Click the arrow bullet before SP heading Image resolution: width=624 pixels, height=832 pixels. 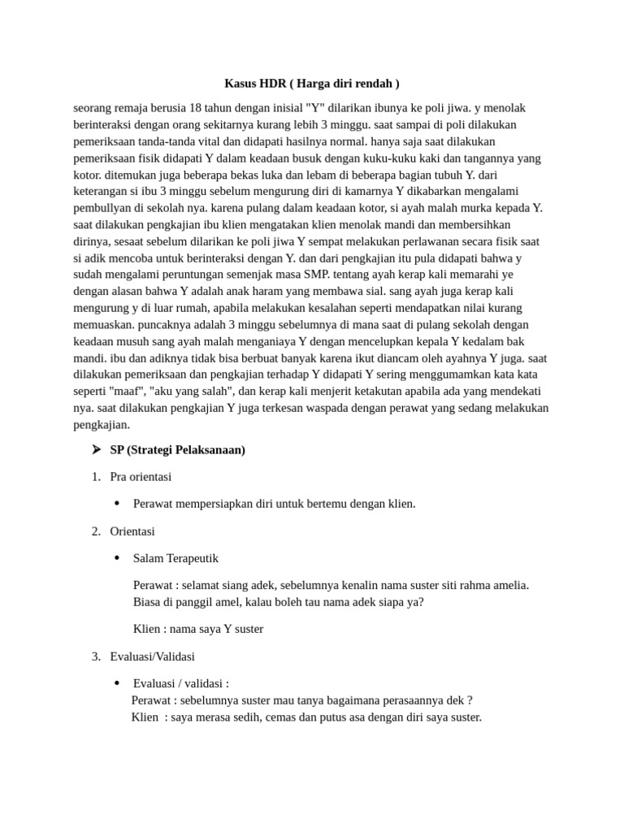(x=97, y=449)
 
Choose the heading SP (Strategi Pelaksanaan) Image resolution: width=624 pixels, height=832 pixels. (x=177, y=450)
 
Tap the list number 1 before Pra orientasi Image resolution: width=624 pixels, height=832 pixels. (x=95, y=477)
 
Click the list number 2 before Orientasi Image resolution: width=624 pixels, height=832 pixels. (x=95, y=531)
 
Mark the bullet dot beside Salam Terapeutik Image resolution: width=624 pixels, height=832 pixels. (x=117, y=558)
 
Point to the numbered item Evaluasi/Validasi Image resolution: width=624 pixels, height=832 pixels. (x=152, y=656)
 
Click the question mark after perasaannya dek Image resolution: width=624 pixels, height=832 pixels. (x=470, y=700)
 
